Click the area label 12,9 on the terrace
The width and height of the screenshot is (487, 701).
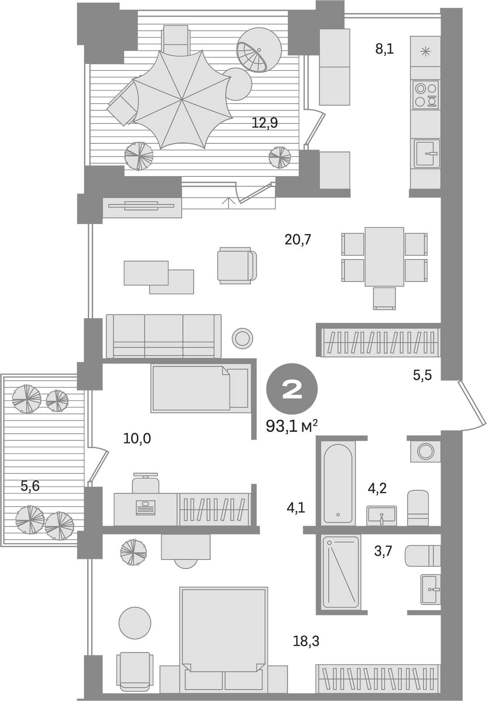(265, 123)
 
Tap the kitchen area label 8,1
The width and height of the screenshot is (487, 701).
(385, 49)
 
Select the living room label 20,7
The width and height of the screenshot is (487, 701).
(298, 240)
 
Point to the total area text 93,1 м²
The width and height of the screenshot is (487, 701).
(291, 426)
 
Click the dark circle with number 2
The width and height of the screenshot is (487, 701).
(292, 389)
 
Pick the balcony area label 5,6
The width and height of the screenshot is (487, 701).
(30, 486)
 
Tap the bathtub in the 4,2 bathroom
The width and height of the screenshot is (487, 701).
(338, 483)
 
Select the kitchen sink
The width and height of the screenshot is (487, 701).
(427, 153)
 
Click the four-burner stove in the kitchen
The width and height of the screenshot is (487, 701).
(425, 95)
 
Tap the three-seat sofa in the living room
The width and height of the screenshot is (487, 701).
(164, 336)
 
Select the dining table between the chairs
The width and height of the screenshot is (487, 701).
(384, 257)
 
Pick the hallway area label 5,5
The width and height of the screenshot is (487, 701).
(422, 375)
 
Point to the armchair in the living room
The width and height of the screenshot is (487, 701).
(236, 266)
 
